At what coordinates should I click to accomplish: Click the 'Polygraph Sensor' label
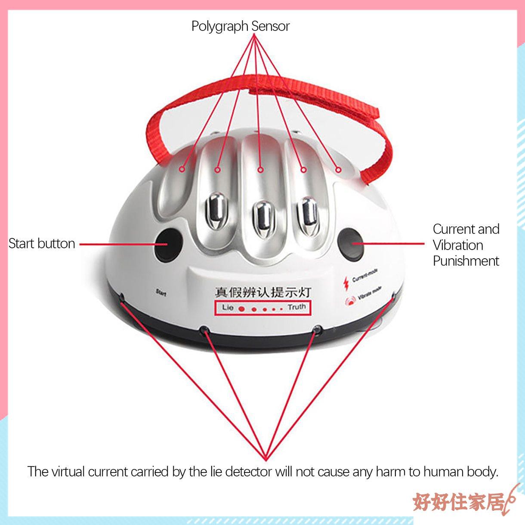240,26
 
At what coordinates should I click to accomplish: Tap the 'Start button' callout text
42,244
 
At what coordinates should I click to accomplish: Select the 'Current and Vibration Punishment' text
466,245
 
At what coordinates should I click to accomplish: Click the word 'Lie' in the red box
228,308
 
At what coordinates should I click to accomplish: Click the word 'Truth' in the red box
296,307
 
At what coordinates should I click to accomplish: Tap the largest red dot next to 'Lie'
241,309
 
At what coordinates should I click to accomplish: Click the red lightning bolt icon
346,283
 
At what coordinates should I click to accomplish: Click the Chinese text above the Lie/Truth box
262,293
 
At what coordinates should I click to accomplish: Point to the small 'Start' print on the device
161,293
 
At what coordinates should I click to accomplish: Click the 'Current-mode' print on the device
365,275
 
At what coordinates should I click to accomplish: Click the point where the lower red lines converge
266,459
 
